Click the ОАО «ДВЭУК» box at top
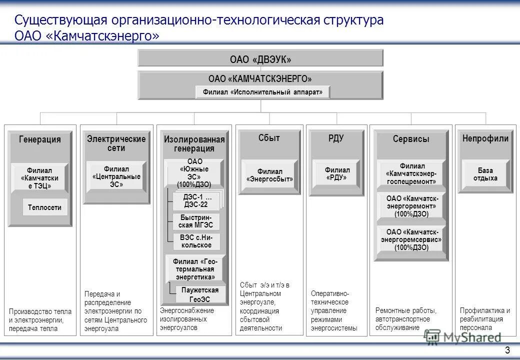click(260, 59)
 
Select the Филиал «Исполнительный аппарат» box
click(262, 92)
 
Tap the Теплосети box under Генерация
click(44, 207)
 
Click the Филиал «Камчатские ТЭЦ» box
click(39, 178)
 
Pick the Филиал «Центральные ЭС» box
click(116, 176)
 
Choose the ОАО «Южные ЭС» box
click(194, 173)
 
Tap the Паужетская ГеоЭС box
click(199, 294)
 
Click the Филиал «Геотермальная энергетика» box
click(195, 269)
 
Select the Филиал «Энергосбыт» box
click(270, 175)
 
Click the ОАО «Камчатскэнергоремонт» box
click(411, 206)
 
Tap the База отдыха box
click(485, 174)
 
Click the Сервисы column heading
click(411, 139)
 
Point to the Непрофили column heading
click(485, 138)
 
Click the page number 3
click(507, 349)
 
